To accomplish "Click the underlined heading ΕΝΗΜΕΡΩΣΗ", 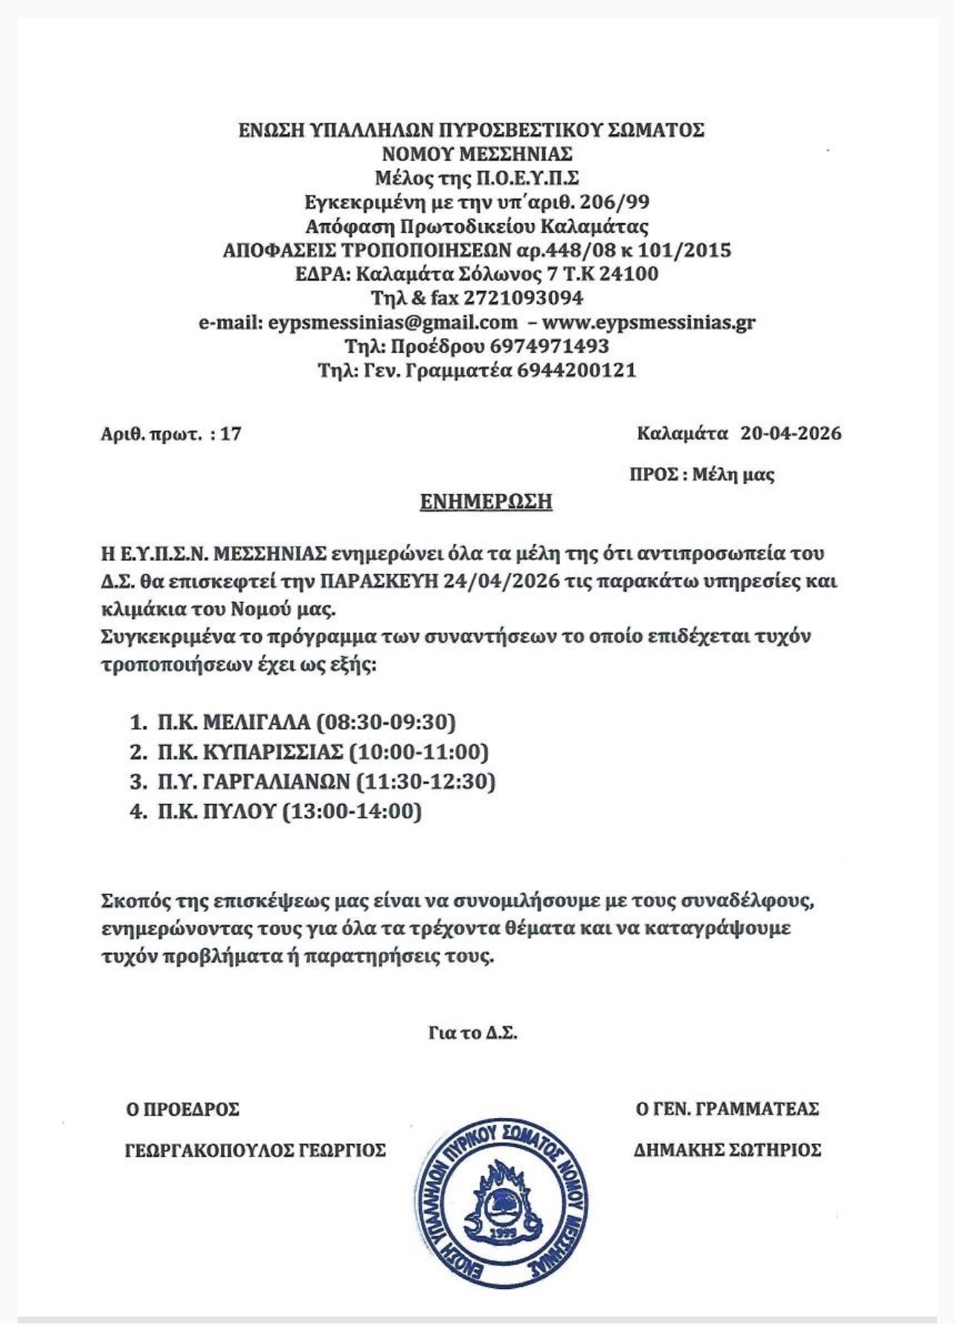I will coord(486,501).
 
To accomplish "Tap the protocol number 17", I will coord(231,434).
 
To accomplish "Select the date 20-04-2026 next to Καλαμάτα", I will coord(791,433).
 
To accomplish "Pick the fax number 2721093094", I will coord(523,298).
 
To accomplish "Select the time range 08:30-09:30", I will coord(386,722).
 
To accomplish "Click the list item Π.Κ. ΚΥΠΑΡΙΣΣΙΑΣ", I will coord(250,752).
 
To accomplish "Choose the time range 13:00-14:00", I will coord(353,811).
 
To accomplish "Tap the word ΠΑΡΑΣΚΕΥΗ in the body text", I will coord(380,581).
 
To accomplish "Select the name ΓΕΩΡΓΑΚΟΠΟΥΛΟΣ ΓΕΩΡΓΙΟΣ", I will coord(255,1150).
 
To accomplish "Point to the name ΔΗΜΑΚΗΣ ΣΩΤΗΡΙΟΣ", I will coord(727,1150).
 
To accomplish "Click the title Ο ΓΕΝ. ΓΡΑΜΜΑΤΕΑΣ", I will coord(727,1109).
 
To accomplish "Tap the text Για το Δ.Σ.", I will coord(473,1033).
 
